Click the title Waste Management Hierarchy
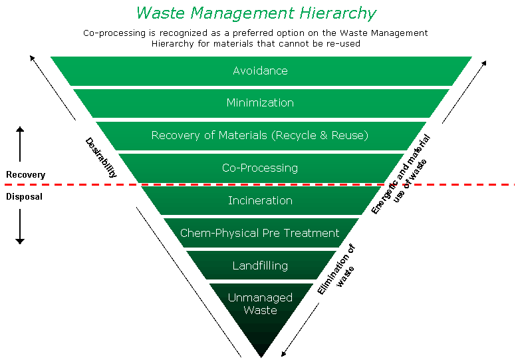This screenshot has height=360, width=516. pyautogui.click(x=256, y=13)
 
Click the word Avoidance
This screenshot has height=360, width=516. pyautogui.click(x=260, y=71)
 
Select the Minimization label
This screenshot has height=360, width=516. pyautogui.click(x=260, y=103)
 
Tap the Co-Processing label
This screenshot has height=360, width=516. pyautogui.click(x=260, y=168)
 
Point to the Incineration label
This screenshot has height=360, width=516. pyautogui.click(x=260, y=200)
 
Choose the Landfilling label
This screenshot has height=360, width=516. pyautogui.click(x=260, y=266)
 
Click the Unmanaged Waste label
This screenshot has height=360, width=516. pyautogui.click(x=260, y=303)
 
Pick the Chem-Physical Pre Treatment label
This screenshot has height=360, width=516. pyautogui.click(x=260, y=233)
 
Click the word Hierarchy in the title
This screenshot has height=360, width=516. pyautogui.click(x=343, y=13)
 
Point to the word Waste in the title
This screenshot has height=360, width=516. pyautogui.click(x=157, y=13)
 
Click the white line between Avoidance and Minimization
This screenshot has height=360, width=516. pyautogui.click(x=260, y=87)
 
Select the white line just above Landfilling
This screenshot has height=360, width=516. pyautogui.click(x=260, y=249)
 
